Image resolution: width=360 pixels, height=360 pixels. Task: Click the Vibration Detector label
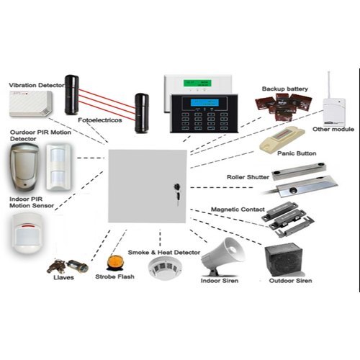pyautogui.click(x=35, y=85)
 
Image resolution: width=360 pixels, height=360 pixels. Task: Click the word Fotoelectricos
pyautogui.click(x=101, y=120)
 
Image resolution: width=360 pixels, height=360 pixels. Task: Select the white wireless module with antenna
pyautogui.click(x=333, y=107)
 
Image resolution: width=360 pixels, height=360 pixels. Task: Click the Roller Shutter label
pyautogui.click(x=249, y=176)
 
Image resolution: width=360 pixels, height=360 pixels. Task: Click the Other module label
pyautogui.click(x=333, y=130)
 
